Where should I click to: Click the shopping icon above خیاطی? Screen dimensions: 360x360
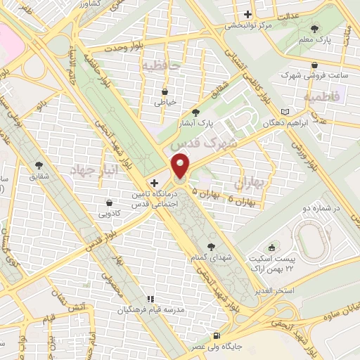pyautogui.click(x=165, y=91)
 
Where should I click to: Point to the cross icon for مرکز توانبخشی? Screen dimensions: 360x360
pyautogui.click(x=246, y=14)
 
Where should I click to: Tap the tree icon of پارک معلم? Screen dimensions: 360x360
pyautogui.click(x=314, y=30)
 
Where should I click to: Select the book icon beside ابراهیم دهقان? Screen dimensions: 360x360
pyautogui.click(x=284, y=112)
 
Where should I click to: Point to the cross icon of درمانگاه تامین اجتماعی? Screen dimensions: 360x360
pyautogui.click(x=144, y=182)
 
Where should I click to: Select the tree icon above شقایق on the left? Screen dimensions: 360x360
pyautogui.click(x=38, y=166)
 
